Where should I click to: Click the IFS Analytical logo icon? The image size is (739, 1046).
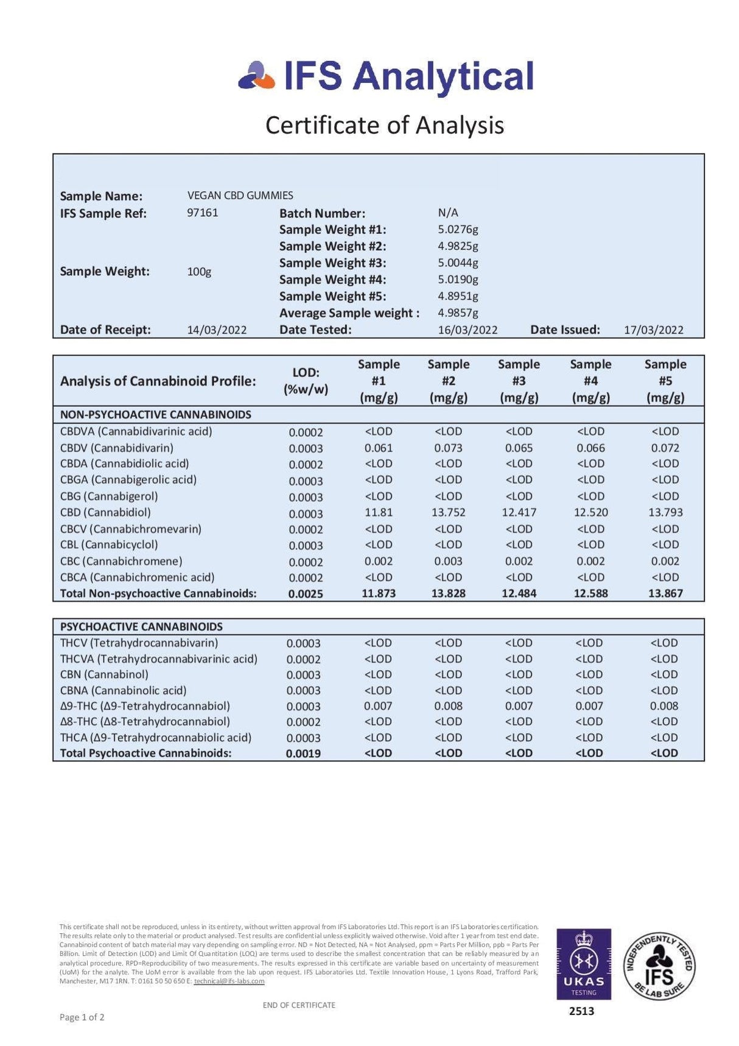pos(257,76)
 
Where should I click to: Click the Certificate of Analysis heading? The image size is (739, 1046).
pos(384,125)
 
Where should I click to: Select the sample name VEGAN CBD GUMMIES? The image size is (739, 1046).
pos(240,196)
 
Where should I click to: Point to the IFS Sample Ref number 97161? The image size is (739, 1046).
pos(202,213)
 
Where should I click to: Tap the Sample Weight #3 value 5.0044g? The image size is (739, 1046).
pos(458,263)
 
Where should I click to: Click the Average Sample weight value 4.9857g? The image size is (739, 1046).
pos(458,313)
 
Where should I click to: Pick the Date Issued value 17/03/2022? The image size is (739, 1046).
pos(653,330)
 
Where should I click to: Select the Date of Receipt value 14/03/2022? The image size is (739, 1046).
pos(217,330)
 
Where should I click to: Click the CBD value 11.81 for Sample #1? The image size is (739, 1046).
pos(379,512)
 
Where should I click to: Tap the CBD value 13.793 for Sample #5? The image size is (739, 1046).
pos(665,512)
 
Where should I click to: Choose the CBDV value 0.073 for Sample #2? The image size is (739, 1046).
pos(448,448)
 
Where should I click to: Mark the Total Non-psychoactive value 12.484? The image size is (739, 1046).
pos(519,593)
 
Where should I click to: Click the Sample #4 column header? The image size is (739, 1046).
pos(590,381)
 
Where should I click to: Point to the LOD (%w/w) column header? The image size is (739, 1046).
pos(306,381)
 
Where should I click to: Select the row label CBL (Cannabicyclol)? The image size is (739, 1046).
pos(109,545)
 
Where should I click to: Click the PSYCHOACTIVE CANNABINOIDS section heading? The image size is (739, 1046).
pos(141,626)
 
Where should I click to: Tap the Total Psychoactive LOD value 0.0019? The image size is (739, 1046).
pos(303,754)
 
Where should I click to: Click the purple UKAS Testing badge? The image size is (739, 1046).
pos(583,964)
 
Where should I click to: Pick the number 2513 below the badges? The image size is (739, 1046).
pos(581,1011)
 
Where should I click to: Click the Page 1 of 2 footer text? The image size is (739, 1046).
pos(82,1017)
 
